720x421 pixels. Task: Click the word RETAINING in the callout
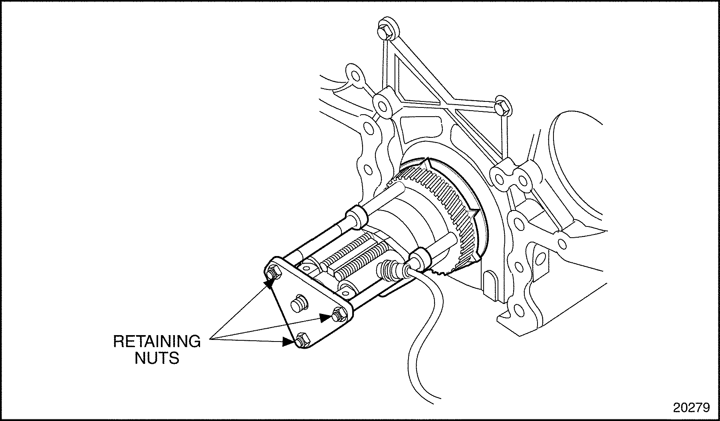pyautogui.click(x=157, y=342)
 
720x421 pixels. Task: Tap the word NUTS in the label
pyautogui.click(x=157, y=358)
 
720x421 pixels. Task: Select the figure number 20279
pyautogui.click(x=691, y=407)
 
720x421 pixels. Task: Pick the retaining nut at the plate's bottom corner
pyautogui.click(x=303, y=340)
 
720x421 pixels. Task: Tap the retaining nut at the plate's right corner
pyautogui.click(x=338, y=315)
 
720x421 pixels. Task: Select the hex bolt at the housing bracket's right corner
pyautogui.click(x=501, y=106)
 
